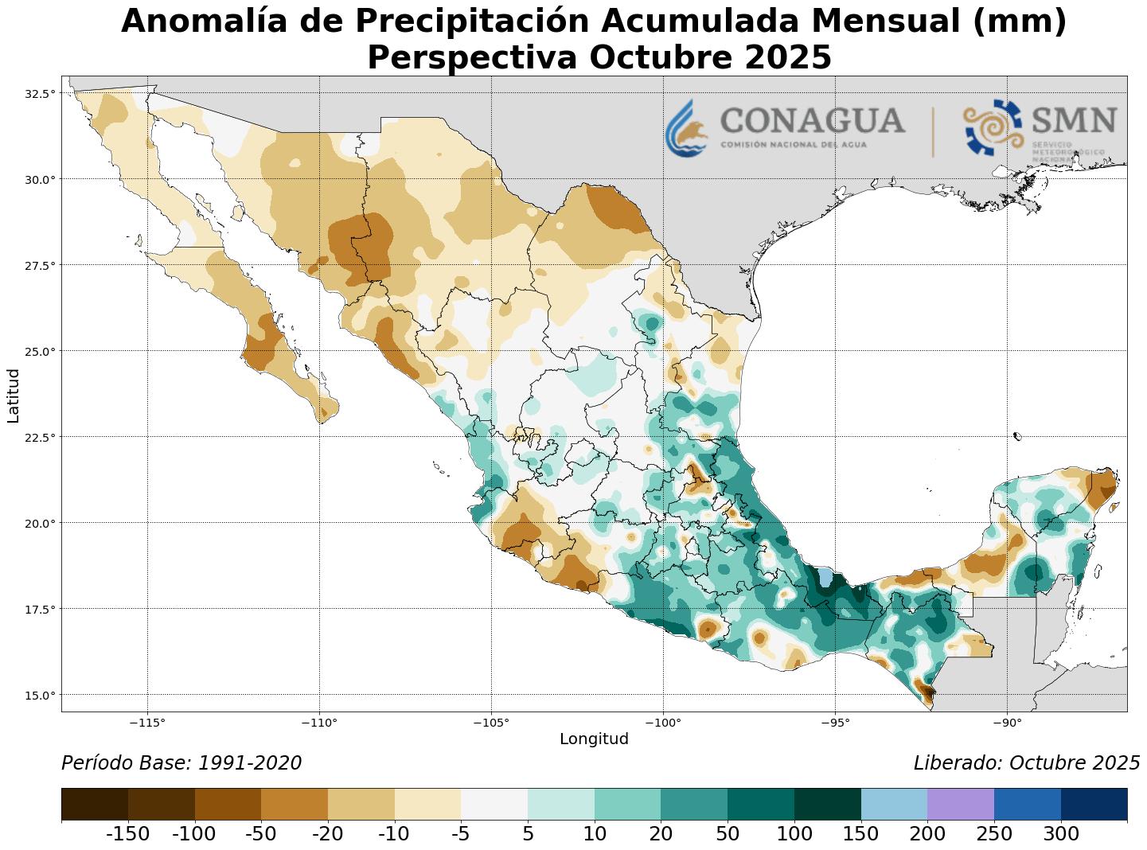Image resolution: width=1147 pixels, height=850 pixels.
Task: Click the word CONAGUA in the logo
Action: pos(812,121)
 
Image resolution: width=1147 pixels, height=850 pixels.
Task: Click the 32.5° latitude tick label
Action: pos(41,93)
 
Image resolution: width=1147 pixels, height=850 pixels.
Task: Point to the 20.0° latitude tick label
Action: pos(41,523)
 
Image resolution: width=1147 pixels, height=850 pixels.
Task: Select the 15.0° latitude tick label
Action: pos(41,695)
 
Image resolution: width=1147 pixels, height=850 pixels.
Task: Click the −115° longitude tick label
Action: pos(147,723)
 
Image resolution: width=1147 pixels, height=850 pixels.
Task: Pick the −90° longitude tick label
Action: pos(1007,723)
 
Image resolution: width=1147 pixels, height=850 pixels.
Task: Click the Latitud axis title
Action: pos(14,396)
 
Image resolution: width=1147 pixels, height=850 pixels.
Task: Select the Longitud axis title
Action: pos(594,739)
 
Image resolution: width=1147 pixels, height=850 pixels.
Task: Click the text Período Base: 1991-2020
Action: pos(181,763)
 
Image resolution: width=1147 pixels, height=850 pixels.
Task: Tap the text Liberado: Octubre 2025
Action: pos(1026,763)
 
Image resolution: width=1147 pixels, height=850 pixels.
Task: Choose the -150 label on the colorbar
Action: pos(127,834)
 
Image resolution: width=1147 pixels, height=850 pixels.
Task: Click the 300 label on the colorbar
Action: pos(1061,834)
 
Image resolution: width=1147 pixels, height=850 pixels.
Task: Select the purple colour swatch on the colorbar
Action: pos(961,804)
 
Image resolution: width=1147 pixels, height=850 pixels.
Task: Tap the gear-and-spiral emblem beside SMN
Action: pos(992,127)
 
